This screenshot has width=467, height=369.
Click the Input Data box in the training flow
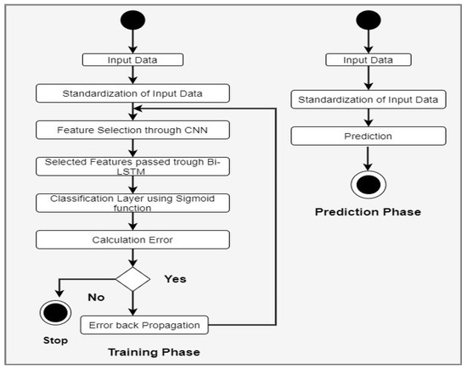(x=132, y=60)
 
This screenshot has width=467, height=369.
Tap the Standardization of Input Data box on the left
(x=132, y=93)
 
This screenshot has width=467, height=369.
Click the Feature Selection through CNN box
(x=132, y=130)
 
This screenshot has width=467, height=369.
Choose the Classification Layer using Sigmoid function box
(x=132, y=204)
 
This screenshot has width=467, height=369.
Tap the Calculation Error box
(x=132, y=239)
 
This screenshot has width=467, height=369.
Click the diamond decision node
(x=132, y=278)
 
